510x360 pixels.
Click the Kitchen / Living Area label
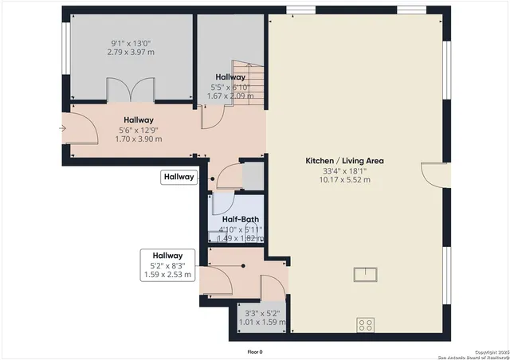click(344, 161)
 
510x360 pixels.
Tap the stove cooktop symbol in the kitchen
click(366, 325)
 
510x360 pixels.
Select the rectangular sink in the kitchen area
click(367, 275)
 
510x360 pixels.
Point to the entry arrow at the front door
click(63, 127)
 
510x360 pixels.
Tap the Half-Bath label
click(240, 220)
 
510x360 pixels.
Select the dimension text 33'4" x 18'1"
click(344, 170)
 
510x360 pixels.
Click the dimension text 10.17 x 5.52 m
click(344, 180)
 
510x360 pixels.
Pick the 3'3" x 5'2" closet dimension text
click(263, 314)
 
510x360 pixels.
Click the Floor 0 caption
click(255, 351)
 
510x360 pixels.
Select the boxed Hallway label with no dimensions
click(179, 178)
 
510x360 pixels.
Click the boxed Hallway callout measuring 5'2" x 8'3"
click(167, 265)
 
